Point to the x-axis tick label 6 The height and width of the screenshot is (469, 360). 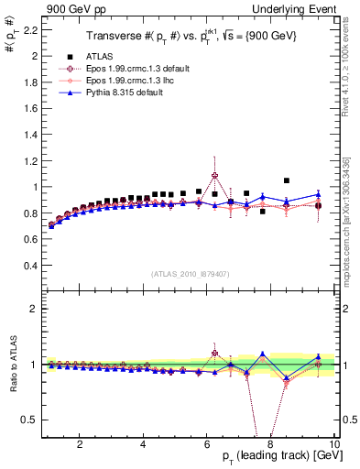point(207,444)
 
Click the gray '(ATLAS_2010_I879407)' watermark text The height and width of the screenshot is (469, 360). point(190,274)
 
